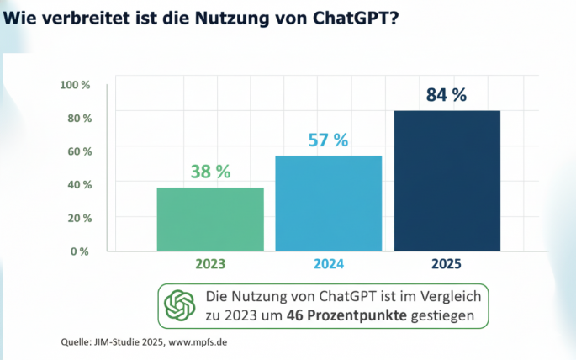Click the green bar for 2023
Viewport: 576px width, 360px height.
(x=210, y=219)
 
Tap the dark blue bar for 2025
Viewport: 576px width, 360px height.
(x=447, y=181)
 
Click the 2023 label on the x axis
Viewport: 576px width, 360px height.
(x=210, y=264)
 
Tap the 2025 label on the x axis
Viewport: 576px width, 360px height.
(x=447, y=264)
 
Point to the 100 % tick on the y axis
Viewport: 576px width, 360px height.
(x=76, y=85)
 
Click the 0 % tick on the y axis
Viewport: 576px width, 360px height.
(x=81, y=251)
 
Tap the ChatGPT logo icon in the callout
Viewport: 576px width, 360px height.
(x=180, y=305)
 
